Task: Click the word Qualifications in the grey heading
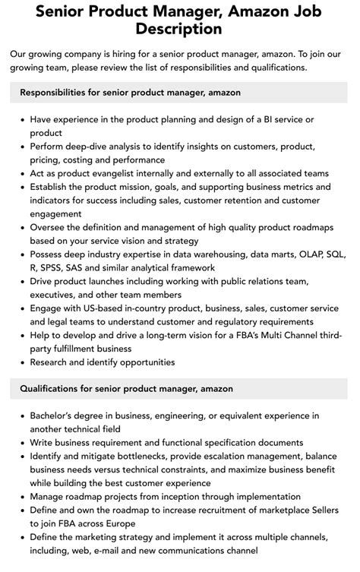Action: (x=53, y=388)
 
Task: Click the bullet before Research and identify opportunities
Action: (x=21, y=362)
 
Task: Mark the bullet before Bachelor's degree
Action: (x=21, y=416)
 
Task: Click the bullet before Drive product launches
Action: (x=21, y=281)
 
